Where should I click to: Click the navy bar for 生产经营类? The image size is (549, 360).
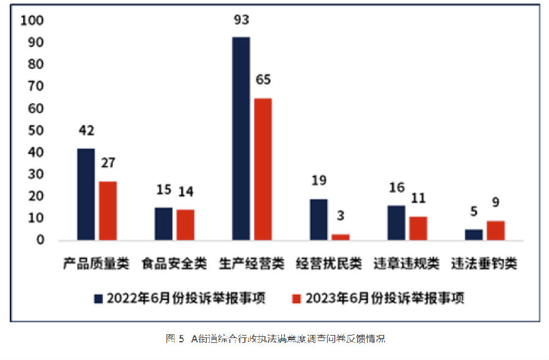click(x=241, y=139)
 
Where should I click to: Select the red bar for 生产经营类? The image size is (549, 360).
click(x=263, y=169)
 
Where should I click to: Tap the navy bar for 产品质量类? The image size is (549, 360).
click(x=86, y=194)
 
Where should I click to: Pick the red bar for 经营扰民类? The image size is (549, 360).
click(x=340, y=236)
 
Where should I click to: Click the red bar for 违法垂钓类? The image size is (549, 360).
click(x=495, y=230)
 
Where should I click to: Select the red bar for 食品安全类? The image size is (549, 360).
click(x=185, y=225)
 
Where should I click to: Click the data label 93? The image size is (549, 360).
click(x=241, y=21)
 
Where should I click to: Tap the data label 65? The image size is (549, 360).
click(x=263, y=81)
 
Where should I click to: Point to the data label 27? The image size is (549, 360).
click(x=108, y=164)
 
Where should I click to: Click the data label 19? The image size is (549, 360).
click(x=318, y=181)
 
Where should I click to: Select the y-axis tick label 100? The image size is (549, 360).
click(x=32, y=21)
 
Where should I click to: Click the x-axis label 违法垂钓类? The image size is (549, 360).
click(x=484, y=264)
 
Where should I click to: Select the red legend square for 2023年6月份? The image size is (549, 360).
click(x=297, y=298)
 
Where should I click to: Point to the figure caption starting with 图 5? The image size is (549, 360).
click(x=275, y=339)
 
